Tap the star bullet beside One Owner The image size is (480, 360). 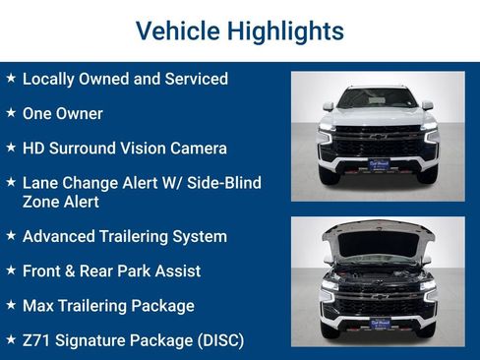point(10,112)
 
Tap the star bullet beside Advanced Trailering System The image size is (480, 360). point(10,235)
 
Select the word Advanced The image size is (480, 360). point(63,236)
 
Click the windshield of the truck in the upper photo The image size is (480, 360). point(378,99)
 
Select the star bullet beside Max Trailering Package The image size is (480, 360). point(10,305)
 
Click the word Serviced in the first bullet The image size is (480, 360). point(195,79)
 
